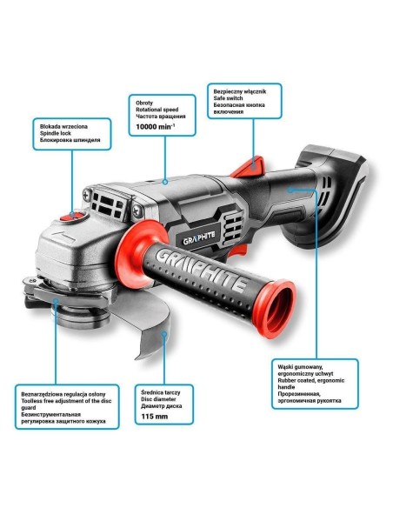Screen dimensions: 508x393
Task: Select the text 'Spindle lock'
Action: pyautogui.click(x=59, y=132)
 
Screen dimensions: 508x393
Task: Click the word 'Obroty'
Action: pyautogui.click(x=144, y=101)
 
